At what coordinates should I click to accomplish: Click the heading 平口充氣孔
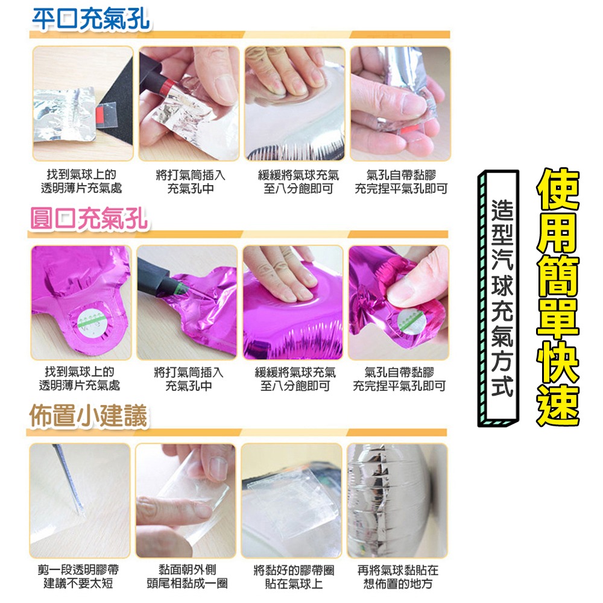pos(90,19)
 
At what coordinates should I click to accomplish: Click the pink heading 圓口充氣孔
pos(89,218)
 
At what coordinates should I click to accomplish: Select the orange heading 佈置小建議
pos(89,416)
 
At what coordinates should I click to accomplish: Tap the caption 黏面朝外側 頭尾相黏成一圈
pos(187,576)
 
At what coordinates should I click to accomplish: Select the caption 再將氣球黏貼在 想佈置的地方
pos(398,576)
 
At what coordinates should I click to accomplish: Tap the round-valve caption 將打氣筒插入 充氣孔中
pos(188,379)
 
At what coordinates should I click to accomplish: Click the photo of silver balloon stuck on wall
pos(397,500)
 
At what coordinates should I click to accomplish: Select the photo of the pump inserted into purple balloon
pos(187,302)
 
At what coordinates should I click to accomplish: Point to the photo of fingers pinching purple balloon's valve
pos(399,302)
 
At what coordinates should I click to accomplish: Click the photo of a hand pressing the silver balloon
pos(294,104)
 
